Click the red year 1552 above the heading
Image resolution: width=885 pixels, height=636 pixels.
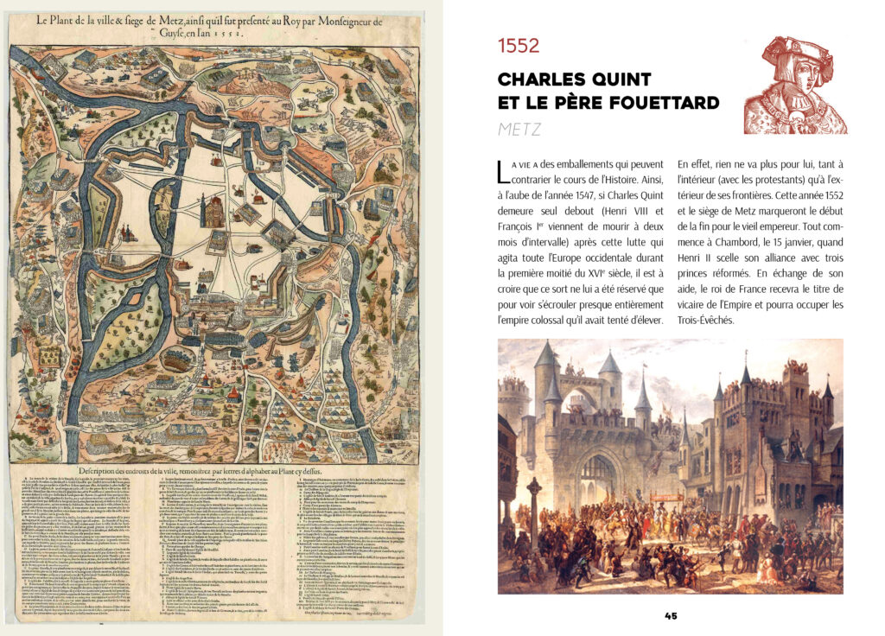519,47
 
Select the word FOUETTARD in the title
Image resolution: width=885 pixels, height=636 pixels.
665,103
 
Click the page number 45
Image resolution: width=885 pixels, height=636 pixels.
671,615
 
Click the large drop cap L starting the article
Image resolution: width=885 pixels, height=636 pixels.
504,170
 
